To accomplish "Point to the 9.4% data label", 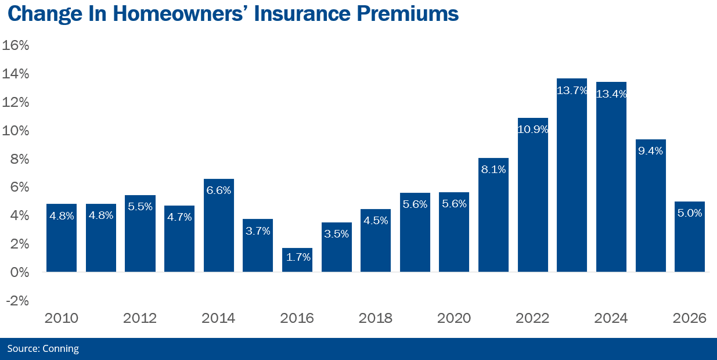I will click(650, 150).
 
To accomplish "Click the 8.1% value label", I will click(493, 170).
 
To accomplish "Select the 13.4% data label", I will click(611, 93).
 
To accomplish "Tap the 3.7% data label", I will click(258, 231).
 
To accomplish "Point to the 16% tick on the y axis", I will click(16, 45).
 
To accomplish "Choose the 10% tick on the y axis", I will click(16, 131).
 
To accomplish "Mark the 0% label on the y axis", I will click(19, 272).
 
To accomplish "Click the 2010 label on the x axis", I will click(61, 318).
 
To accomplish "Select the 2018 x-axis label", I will click(375, 318).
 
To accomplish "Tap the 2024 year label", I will click(611, 318).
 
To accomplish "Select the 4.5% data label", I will click(376, 221).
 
